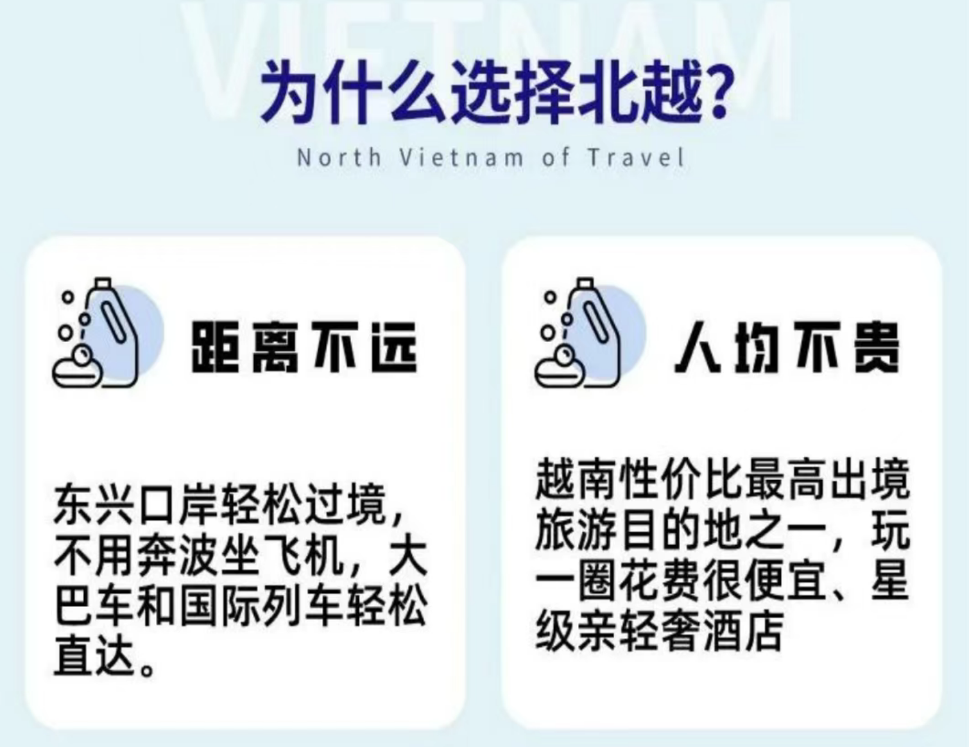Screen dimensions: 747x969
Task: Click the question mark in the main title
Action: (x=713, y=94)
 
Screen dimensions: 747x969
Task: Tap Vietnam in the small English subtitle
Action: (x=461, y=157)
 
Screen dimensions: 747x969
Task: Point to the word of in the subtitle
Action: (x=555, y=157)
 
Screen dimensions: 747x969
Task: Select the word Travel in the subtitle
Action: (x=636, y=157)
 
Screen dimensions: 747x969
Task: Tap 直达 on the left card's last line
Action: (x=95, y=656)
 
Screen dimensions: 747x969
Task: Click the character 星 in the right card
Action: (x=890, y=581)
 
